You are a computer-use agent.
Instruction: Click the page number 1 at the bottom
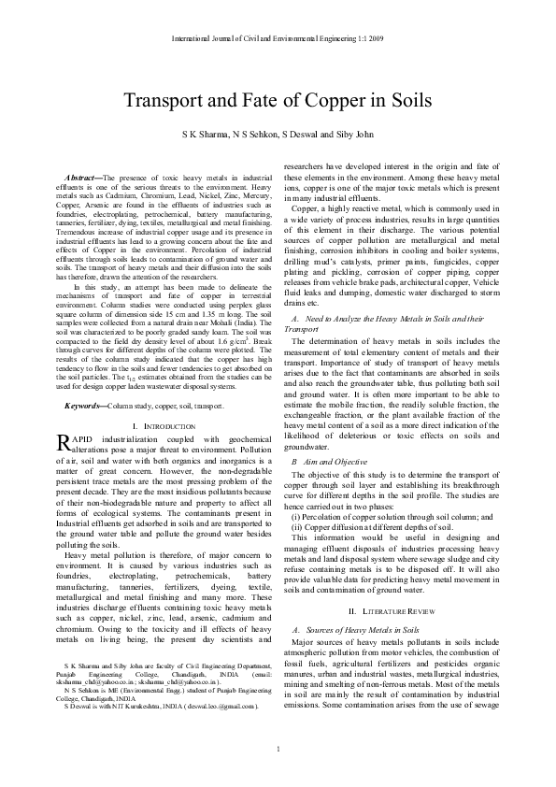278,753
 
